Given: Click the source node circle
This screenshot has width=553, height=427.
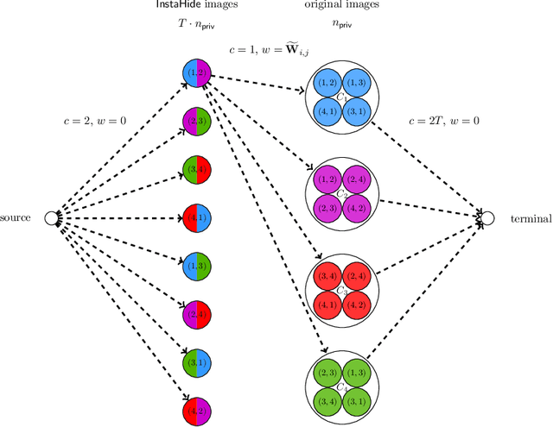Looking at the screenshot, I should (51, 217).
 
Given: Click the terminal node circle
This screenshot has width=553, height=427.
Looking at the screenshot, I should (488, 217).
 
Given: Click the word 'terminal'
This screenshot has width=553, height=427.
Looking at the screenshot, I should (529, 218).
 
